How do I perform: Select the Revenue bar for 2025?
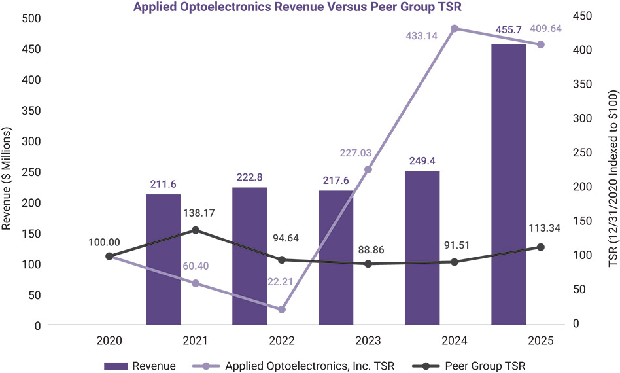pyautogui.click(x=508, y=183)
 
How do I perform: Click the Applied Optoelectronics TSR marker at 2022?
pyautogui.click(x=282, y=309)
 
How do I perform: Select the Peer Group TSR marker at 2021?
pyautogui.click(x=196, y=230)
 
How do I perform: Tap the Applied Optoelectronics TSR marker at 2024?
pyautogui.click(x=455, y=29)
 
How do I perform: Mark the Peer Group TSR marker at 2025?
pyautogui.click(x=541, y=247)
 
